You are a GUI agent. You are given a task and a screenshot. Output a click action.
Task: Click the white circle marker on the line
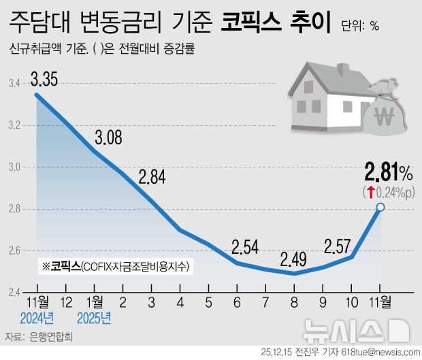click(380, 207)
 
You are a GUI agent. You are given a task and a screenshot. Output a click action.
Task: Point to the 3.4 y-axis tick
click(14, 84)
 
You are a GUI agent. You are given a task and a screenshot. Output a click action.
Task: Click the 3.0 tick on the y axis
click(14, 167)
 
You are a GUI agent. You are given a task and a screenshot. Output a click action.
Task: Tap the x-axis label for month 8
click(294, 301)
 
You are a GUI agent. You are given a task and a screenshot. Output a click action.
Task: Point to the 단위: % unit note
click(361, 26)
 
